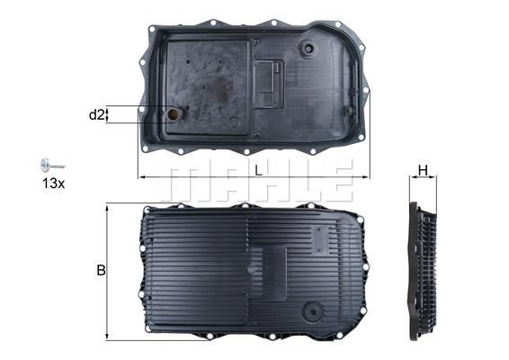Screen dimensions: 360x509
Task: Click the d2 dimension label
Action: click(x=97, y=114)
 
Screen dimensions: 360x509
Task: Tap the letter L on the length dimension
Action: click(x=258, y=169)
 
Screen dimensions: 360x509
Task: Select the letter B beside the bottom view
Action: click(x=101, y=270)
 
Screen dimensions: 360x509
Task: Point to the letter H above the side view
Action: click(x=423, y=169)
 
